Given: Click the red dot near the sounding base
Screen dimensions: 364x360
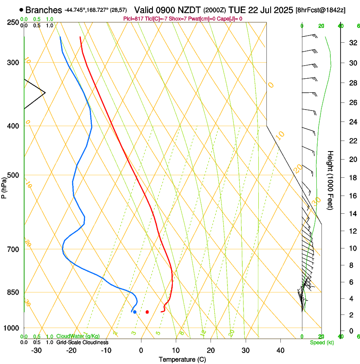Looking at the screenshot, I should [x=147, y=312].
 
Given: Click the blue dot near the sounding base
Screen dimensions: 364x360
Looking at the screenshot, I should [x=135, y=312].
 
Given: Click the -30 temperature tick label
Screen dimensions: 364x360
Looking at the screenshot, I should [x=36, y=350].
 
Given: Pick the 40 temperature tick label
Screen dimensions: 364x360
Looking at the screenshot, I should [x=280, y=350].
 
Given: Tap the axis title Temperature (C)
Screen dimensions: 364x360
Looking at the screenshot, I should [x=182, y=359].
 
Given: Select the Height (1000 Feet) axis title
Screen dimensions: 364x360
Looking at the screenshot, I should [x=330, y=180].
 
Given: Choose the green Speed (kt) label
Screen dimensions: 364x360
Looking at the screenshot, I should [x=322, y=342].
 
